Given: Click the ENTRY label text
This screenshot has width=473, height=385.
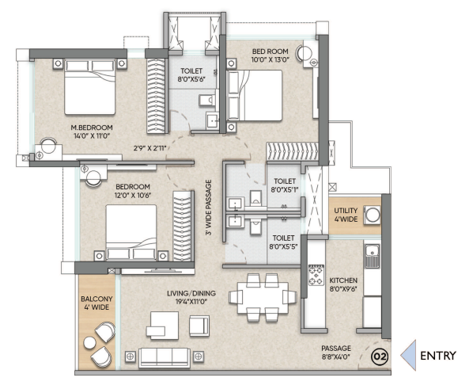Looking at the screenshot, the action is click(438, 356).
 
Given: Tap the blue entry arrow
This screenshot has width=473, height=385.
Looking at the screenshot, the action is click(408, 356).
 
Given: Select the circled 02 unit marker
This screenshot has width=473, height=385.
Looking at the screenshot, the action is click(380, 357).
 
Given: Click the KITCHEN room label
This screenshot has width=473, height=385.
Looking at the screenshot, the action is click(343, 280).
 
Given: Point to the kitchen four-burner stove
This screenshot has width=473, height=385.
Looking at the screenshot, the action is click(316, 275).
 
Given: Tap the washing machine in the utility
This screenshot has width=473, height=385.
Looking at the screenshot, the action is click(373, 215).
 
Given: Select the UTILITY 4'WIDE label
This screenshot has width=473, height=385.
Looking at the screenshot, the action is click(346, 215).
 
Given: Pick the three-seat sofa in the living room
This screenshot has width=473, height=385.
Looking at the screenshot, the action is click(165, 357).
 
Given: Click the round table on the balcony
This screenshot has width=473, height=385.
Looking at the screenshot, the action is click(89, 343).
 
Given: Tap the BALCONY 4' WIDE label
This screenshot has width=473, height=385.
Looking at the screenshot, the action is click(96, 303).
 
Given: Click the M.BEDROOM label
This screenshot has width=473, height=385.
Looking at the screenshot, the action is click(92, 128).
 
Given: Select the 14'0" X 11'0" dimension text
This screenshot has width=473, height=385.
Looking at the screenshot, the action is click(92, 136).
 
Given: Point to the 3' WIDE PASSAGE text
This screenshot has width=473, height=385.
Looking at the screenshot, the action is click(209, 208).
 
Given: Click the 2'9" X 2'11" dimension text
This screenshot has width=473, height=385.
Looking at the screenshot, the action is click(150, 148).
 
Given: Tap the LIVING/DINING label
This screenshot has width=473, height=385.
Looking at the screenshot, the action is click(191, 293).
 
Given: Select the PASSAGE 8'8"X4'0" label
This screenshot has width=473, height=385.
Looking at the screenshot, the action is click(336, 353).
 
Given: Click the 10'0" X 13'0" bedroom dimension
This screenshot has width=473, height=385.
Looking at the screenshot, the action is click(270, 60).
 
